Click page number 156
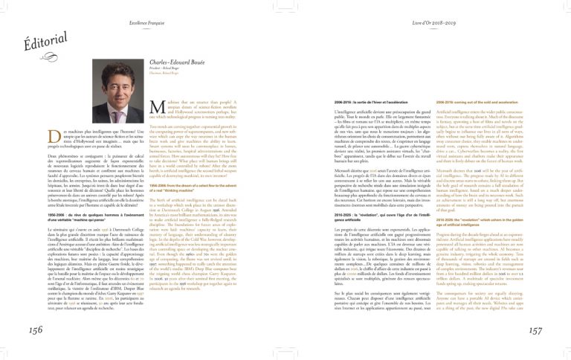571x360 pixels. (36, 330)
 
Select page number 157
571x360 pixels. (535, 330)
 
